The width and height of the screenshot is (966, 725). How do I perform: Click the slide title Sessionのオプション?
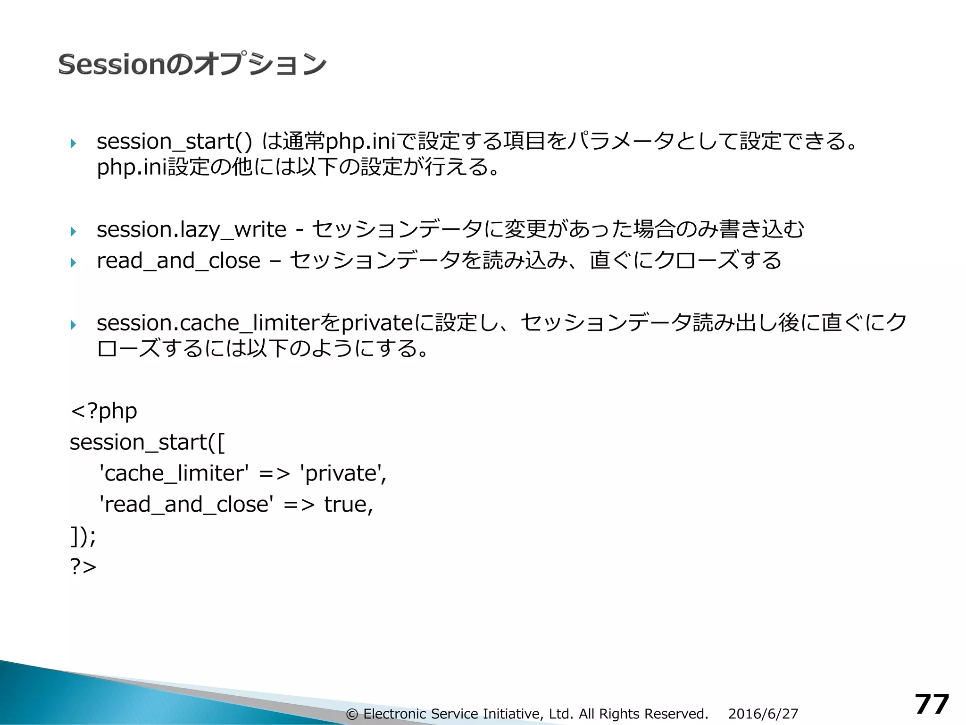192,64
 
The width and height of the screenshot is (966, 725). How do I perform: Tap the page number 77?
932,705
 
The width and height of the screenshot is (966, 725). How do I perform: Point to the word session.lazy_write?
191,230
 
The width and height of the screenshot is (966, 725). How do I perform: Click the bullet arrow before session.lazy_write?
73,231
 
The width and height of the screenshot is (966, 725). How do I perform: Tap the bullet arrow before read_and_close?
73,262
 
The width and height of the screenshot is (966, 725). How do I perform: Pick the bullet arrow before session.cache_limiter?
73,325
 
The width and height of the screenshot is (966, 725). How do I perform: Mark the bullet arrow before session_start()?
73,143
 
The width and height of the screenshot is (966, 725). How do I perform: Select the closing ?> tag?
83,566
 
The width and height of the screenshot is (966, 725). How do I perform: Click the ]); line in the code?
83,536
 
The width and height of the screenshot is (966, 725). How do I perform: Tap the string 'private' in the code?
343,473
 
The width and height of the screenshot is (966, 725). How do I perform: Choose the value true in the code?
348,505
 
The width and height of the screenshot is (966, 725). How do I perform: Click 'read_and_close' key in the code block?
186,505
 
